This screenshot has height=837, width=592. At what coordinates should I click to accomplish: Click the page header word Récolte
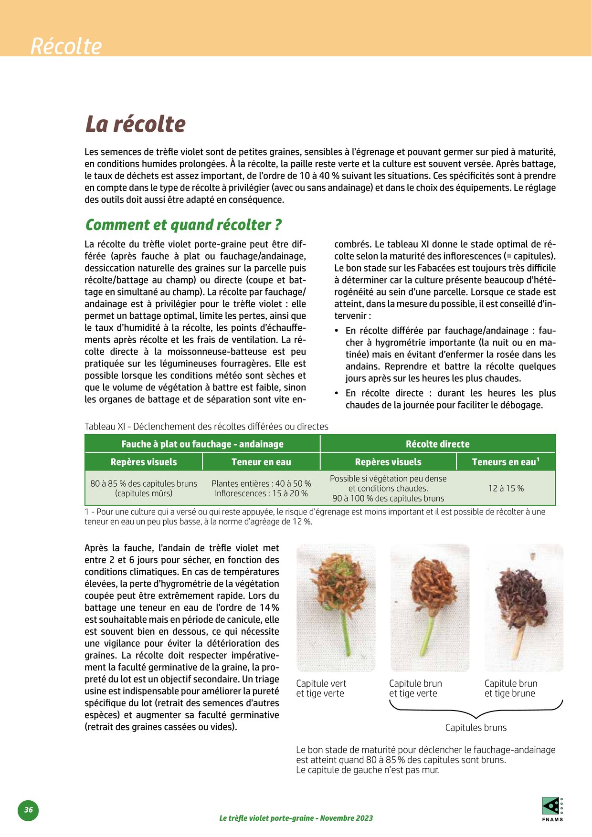pos(66,46)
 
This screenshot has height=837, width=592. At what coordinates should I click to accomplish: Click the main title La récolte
pos(135,124)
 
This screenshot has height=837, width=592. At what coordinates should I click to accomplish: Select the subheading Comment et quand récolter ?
pos(183,224)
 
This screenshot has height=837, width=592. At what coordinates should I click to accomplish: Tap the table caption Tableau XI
pos(206,426)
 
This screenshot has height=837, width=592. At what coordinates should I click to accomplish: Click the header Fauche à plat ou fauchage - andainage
pos(202,444)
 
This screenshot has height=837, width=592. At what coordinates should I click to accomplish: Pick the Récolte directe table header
pos(437,444)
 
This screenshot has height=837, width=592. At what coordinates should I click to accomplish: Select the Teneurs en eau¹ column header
pos(505,461)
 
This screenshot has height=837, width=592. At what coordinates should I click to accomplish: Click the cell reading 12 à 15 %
pos(506,488)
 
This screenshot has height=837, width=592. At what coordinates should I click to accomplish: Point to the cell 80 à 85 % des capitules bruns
pos(144,488)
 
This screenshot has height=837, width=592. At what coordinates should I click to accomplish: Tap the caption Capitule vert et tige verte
pos(321,688)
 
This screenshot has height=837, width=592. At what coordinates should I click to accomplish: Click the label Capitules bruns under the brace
pos(476,727)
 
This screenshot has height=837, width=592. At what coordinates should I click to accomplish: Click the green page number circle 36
pos(29,810)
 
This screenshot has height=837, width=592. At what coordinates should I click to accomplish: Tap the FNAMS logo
pos(552,808)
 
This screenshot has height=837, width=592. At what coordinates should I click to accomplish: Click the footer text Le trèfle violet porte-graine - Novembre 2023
pos(296,818)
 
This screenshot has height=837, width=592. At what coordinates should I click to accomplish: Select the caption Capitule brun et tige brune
pos(510,688)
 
